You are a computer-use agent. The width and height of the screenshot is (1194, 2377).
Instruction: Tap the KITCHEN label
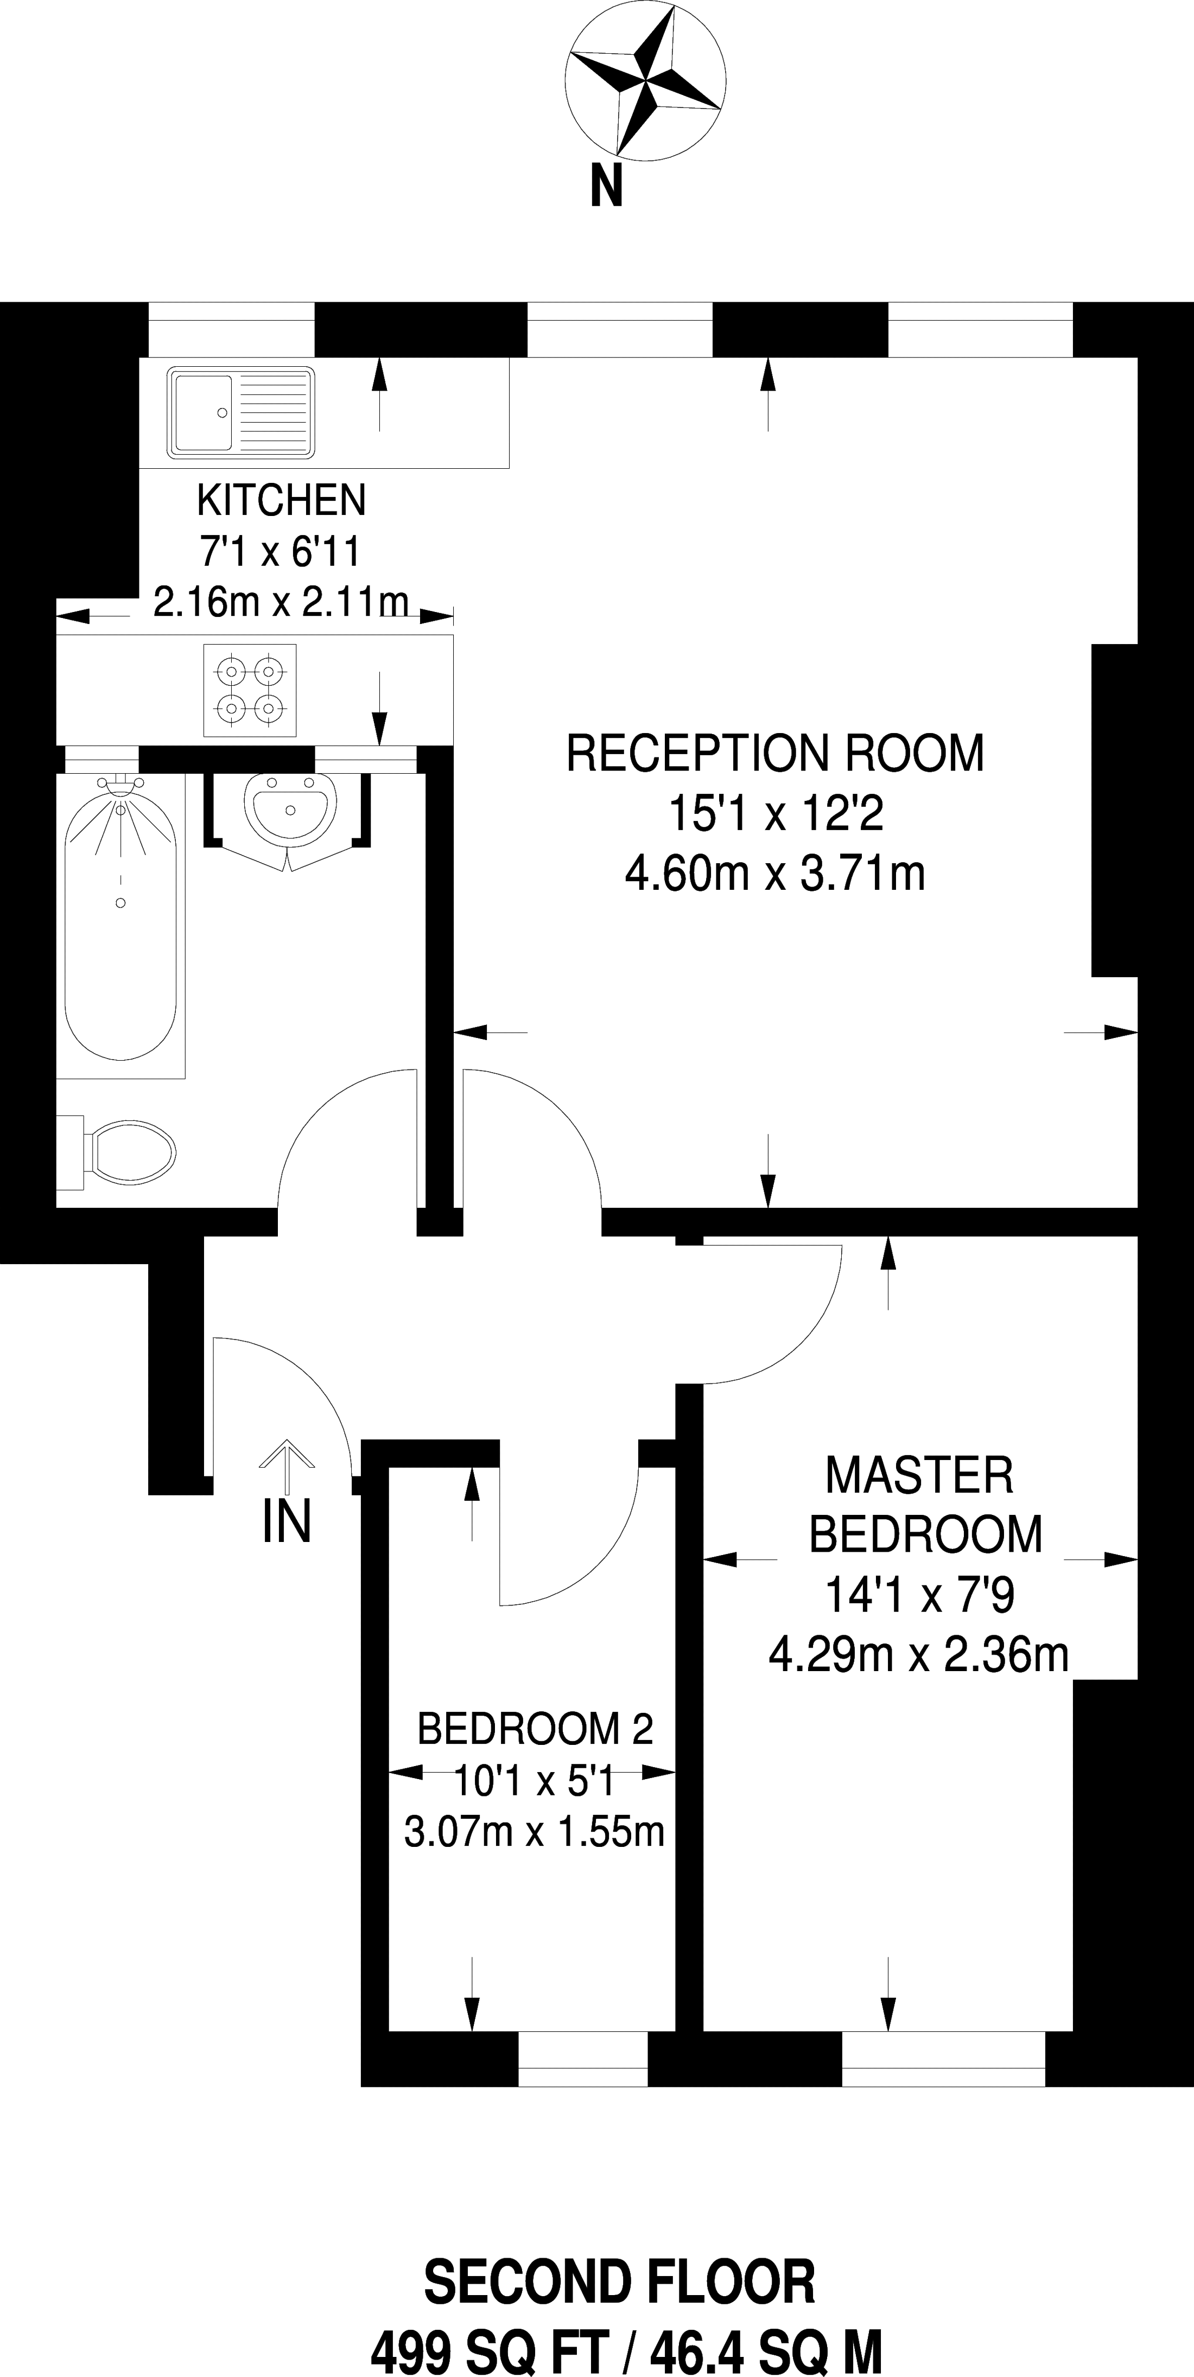click(282, 500)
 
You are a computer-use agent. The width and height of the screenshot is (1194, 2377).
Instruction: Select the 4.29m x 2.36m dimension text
click(918, 1654)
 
